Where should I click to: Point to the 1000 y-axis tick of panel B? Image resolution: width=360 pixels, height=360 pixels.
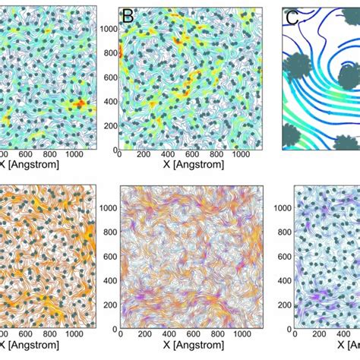[x=110, y=30]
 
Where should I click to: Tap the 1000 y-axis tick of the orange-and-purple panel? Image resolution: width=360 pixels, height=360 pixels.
[x=110, y=207]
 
